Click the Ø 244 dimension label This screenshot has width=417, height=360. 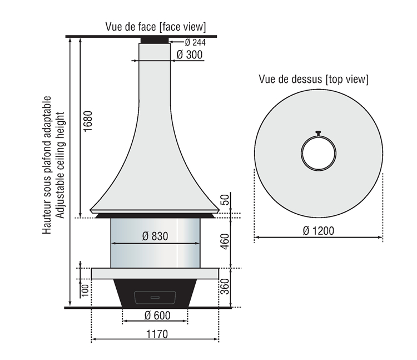195,42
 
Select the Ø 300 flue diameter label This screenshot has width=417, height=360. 190,55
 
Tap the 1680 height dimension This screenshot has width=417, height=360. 88,121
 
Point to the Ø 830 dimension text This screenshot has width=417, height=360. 155,236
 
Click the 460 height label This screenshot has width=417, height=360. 225,241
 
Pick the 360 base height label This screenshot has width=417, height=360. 225,287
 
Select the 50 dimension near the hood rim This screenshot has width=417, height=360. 225,200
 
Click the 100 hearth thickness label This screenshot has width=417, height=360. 85,290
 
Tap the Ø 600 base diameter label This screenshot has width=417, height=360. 157,315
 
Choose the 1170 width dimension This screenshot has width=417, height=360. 157,334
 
